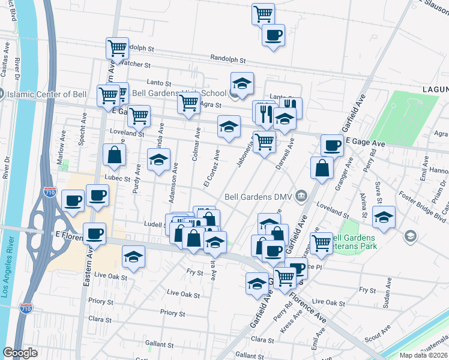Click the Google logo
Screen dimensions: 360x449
20,353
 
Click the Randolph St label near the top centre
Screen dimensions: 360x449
229,60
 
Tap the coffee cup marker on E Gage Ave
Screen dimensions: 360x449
331,145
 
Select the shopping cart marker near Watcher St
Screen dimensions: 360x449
116,47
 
